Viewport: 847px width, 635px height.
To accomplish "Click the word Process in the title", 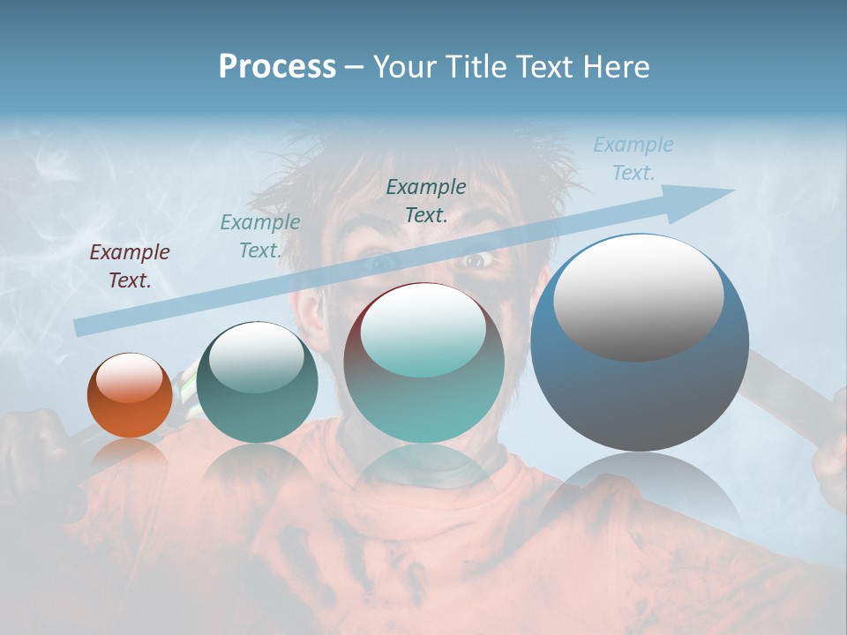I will pyautogui.click(x=277, y=67).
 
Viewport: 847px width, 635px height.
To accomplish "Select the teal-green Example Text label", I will pyautogui.click(x=259, y=236).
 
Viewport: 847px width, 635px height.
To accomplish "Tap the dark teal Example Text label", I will pyautogui.click(x=426, y=200).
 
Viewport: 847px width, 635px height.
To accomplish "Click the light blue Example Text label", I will pyautogui.click(x=633, y=159).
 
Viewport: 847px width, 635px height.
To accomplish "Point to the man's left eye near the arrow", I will pyautogui.click(x=377, y=262).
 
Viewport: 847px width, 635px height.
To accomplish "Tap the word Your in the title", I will pyautogui.click(x=407, y=67).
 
